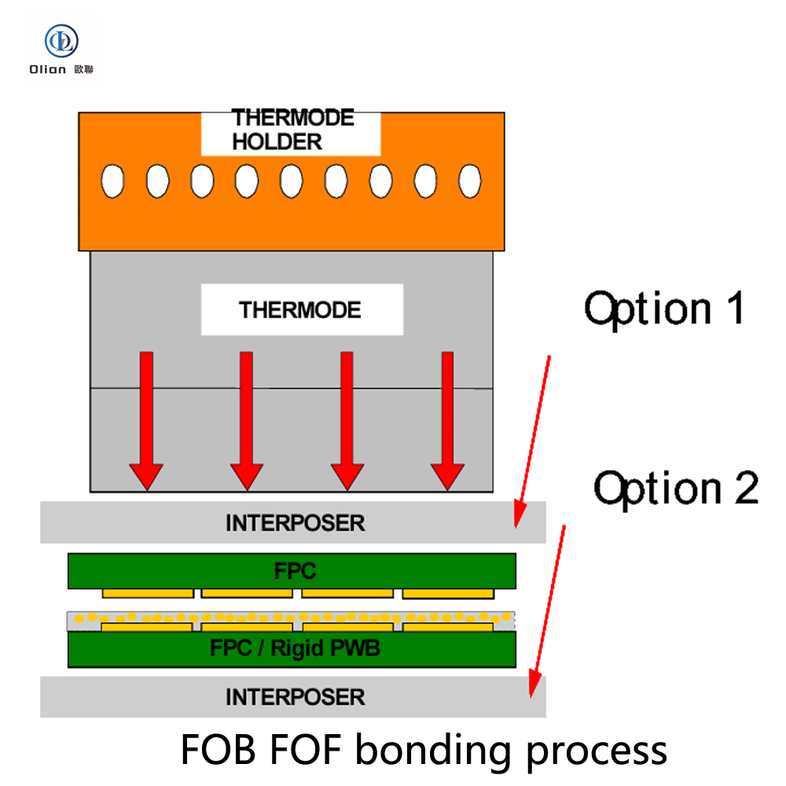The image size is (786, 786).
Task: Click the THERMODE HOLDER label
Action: point(292,130)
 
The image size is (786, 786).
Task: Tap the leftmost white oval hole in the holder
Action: point(113,181)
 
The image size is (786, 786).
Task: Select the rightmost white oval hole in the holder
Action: point(470,181)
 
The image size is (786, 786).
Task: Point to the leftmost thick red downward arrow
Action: point(146,420)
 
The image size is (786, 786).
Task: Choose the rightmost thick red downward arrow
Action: point(447,420)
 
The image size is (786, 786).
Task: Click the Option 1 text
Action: point(664,308)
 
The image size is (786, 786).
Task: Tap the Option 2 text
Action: point(675,488)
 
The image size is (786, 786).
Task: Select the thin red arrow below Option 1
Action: point(533,440)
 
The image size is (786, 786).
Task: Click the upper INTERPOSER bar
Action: point(293,523)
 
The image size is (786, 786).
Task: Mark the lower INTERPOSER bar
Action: point(293,696)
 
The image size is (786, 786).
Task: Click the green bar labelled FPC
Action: point(292,571)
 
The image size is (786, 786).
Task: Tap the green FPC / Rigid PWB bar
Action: point(292,649)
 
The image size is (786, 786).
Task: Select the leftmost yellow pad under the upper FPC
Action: point(147,592)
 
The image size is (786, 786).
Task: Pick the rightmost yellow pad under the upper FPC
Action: point(448,592)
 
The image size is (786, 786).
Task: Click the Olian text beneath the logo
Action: point(49,69)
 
